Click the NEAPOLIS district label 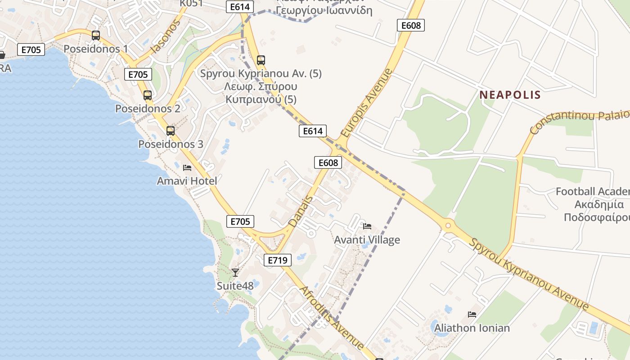(510, 95)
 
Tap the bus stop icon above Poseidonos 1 (95, 36)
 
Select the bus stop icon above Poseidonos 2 (148, 95)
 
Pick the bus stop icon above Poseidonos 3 (171, 131)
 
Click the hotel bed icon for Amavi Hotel (187, 168)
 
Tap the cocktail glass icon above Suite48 (235, 272)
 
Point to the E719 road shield (277, 260)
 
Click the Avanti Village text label (367, 240)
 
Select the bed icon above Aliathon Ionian (472, 315)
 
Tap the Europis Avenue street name (367, 103)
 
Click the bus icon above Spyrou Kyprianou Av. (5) (261, 60)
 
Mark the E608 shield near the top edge (410, 25)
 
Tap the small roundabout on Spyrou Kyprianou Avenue (448, 225)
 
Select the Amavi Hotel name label (187, 181)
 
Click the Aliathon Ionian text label (472, 328)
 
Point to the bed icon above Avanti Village (367, 226)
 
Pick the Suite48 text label (235, 286)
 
